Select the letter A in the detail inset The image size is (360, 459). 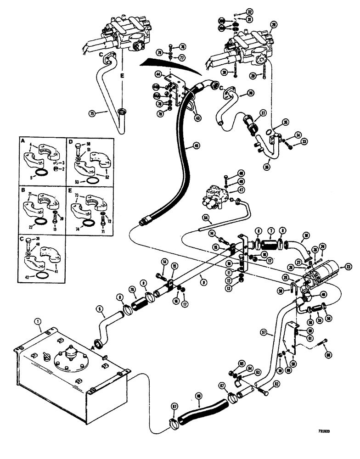coord(23,142)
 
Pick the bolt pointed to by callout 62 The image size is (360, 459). coord(265,391)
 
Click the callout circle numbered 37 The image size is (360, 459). coord(263,113)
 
